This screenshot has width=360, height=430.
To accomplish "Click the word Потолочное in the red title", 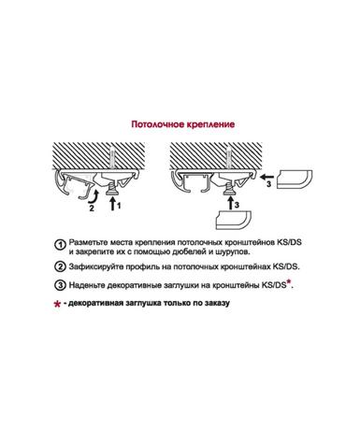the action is [x=158, y=124].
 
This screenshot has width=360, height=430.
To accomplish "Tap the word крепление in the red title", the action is [x=210, y=124].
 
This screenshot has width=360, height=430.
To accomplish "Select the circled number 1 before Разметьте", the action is [x=60, y=245].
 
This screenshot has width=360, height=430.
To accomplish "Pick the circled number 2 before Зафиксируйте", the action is [x=60, y=267].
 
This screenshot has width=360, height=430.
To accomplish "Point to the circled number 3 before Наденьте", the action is [x=60, y=285].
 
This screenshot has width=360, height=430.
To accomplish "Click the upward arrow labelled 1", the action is [x=112, y=204].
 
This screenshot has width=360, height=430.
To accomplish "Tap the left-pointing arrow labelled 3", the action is [x=267, y=178].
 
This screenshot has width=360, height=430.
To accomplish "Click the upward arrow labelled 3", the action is [x=230, y=203].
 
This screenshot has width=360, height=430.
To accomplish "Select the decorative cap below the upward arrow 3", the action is [x=235, y=221].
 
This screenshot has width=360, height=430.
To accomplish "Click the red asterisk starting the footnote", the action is [x=57, y=304].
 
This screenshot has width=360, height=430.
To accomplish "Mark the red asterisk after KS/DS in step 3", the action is [x=289, y=282].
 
